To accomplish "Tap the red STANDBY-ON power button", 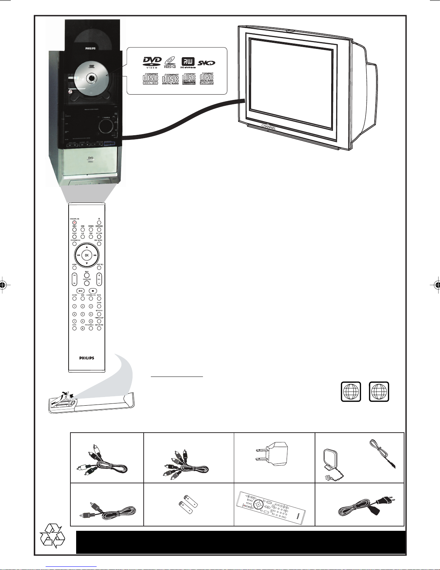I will tap(74, 223).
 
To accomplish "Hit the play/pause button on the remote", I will tap(81, 291).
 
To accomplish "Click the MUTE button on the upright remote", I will tap(99, 298).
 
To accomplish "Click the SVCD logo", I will tap(207, 63).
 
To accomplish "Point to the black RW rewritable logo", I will tap(188, 62).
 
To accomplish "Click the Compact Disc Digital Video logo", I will tap(150, 79).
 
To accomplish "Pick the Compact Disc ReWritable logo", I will tap(207, 79).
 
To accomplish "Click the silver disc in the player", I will tap(92, 76).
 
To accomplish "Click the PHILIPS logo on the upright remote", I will tap(87, 358).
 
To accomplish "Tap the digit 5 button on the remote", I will tap(82, 314).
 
